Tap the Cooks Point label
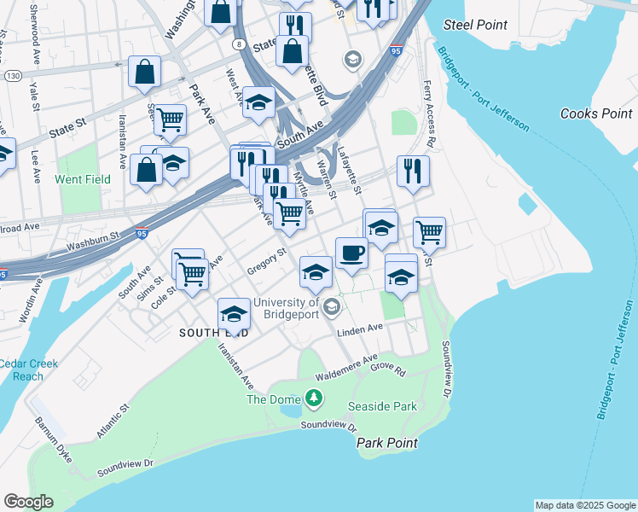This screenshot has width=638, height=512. pyautogui.click(x=596, y=113)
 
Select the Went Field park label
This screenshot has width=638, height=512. pyautogui.click(x=83, y=180)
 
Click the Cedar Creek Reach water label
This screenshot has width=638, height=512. pyautogui.click(x=28, y=370)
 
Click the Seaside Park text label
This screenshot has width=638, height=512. pyautogui.click(x=382, y=406)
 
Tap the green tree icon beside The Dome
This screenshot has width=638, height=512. pyautogui.click(x=315, y=398)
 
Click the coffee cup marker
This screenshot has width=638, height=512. pyautogui.click(x=351, y=253)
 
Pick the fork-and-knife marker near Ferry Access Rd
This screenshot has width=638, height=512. pyautogui.click(x=412, y=171)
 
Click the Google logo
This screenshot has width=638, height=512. pyautogui.click(x=28, y=502)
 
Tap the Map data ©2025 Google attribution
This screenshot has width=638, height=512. pyautogui.click(x=585, y=505)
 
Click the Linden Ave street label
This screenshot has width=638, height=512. pyautogui.click(x=360, y=329)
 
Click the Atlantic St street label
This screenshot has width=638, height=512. pyautogui.click(x=112, y=422)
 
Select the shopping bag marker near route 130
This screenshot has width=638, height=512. pyautogui.click(x=144, y=73)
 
